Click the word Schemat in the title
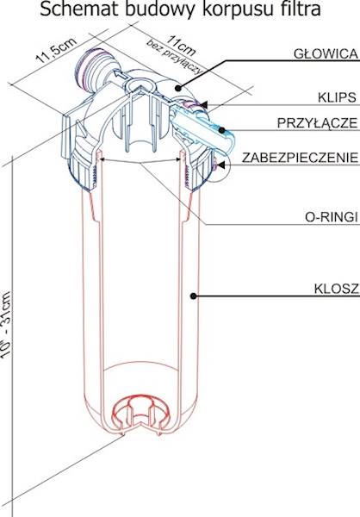[x=80, y=9]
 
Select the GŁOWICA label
[x=326, y=53]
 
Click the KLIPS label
[x=337, y=97]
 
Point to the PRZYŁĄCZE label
[x=317, y=122]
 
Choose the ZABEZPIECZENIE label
[x=300, y=158]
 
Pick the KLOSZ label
[x=336, y=289]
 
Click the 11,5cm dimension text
[x=56, y=50]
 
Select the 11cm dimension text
[x=181, y=45]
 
